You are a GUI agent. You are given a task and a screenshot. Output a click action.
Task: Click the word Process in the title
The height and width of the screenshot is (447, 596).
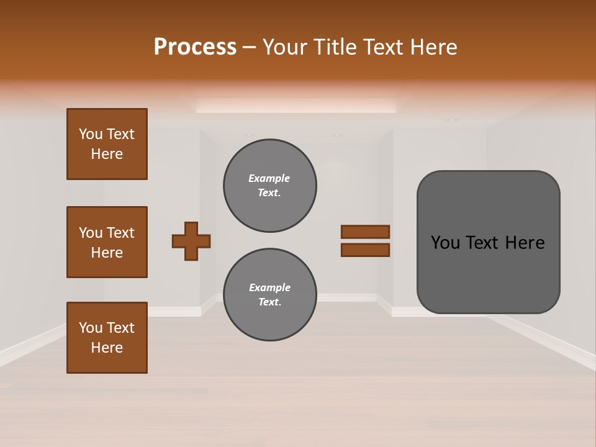[x=195, y=47]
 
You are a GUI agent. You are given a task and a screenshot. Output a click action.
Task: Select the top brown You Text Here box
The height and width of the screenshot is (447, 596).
[x=107, y=144]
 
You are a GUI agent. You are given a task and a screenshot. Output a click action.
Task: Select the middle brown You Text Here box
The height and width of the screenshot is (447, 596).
[x=107, y=242]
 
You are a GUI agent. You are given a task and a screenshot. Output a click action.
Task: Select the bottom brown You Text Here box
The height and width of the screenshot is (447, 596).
[x=107, y=338]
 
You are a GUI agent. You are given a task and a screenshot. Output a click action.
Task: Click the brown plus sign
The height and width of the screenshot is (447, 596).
[x=191, y=241]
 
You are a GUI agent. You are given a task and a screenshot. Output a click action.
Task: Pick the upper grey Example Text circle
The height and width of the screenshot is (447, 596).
[x=270, y=186]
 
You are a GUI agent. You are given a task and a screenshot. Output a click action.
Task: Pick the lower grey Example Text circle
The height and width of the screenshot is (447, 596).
[x=270, y=295]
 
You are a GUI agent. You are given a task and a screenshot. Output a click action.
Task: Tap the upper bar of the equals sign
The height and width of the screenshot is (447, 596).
[x=365, y=232]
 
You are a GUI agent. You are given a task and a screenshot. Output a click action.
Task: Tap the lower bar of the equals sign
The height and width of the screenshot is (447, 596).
[x=365, y=250]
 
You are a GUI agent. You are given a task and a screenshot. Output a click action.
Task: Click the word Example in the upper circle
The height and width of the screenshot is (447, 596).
[x=269, y=178]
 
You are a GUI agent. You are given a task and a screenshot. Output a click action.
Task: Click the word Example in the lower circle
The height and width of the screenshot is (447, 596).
[x=269, y=287]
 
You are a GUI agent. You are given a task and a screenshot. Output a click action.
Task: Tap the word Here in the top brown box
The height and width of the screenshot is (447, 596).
[x=107, y=154]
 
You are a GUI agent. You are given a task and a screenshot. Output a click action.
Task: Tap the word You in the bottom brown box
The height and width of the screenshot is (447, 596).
[x=91, y=328]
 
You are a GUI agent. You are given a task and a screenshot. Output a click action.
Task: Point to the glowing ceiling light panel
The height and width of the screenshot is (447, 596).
[x=296, y=105]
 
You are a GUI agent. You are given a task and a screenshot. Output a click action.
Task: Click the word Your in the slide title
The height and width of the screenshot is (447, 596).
[x=286, y=47]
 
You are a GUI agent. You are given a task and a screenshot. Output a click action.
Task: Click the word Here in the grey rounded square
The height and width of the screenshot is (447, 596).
[x=525, y=243]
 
